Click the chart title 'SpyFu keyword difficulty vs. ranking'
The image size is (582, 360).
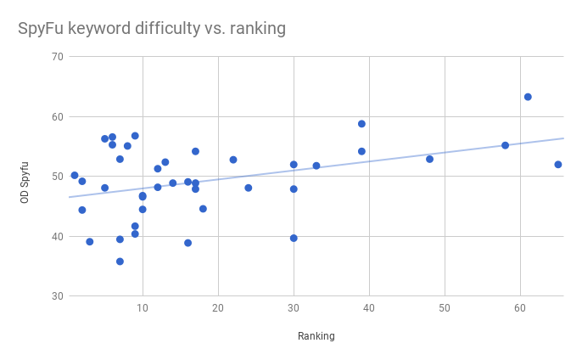(152, 29)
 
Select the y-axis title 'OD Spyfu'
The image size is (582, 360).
(25, 177)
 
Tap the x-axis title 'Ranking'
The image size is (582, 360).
(316, 336)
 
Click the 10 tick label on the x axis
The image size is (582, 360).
(143, 307)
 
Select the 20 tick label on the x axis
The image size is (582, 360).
(218, 307)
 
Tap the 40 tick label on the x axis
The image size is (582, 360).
(369, 307)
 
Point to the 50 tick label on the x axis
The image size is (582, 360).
(445, 307)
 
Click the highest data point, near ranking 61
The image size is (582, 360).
(528, 97)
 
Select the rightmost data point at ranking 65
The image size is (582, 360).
(558, 165)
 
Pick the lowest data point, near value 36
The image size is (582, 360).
(120, 262)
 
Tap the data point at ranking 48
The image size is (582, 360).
(429, 159)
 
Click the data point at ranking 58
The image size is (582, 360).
(506, 145)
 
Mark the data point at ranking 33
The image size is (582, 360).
(316, 166)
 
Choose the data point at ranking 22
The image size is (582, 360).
(233, 160)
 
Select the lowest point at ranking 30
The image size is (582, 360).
(294, 238)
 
